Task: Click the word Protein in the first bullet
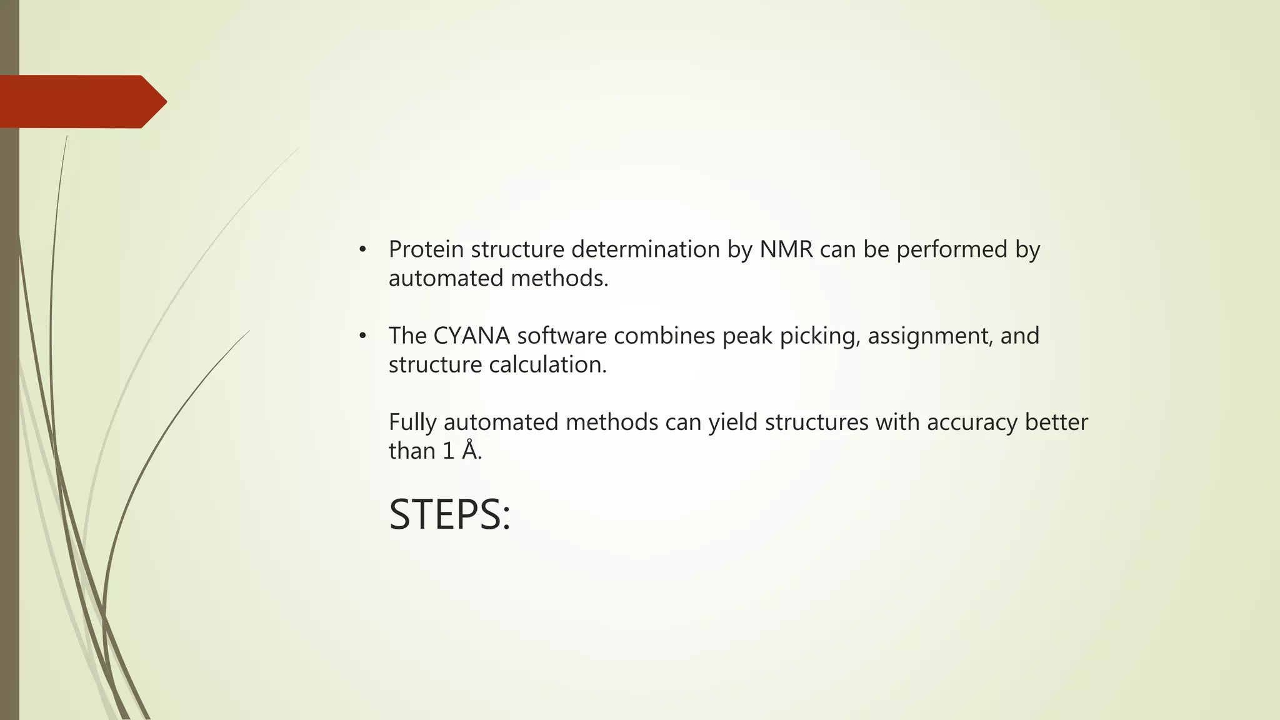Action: point(426,249)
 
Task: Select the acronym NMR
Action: point(786,249)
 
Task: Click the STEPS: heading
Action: point(449,515)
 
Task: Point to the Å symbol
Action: point(469,450)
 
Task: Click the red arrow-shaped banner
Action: point(81,101)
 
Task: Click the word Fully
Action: point(412,422)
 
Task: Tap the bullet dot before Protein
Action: point(362,250)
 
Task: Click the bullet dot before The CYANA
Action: point(362,336)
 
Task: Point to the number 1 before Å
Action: point(448,451)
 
